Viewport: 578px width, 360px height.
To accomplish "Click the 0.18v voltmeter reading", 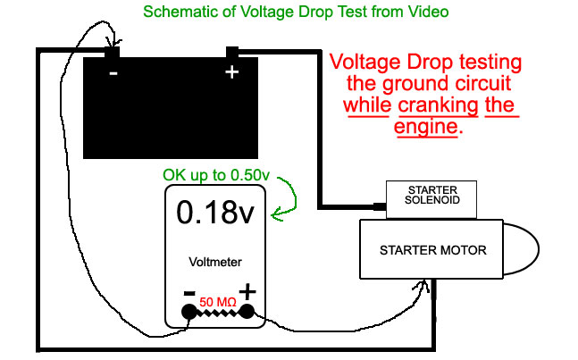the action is coord(215,213).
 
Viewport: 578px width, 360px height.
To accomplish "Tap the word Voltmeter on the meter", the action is coord(215,262).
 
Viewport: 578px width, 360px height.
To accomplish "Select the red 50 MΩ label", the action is coord(218,302).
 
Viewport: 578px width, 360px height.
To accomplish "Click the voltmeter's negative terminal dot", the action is coord(189,312).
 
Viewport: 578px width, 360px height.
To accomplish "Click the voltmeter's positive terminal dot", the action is coord(247,312).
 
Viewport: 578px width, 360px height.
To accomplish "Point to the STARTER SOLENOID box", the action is coord(431,199).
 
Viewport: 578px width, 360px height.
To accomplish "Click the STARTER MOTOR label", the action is coord(433,250).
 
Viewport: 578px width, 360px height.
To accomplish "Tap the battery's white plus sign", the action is coord(232,71).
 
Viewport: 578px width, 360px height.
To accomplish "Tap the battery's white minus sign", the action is coord(113,73).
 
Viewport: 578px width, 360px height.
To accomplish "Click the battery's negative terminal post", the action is coord(112,52).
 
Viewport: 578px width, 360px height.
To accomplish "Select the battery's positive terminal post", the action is coord(232,52).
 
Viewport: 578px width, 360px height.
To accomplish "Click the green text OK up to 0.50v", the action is coord(216,175).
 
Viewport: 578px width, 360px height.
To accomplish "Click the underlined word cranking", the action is coord(439,105).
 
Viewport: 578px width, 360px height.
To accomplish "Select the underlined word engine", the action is coord(426,126).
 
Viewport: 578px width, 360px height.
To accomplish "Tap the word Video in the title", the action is coord(428,12).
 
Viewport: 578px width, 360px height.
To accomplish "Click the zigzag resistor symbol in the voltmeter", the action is coord(218,314).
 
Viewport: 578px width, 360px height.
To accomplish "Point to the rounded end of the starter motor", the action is coord(521,248).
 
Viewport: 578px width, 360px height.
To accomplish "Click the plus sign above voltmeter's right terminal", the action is coord(247,291).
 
